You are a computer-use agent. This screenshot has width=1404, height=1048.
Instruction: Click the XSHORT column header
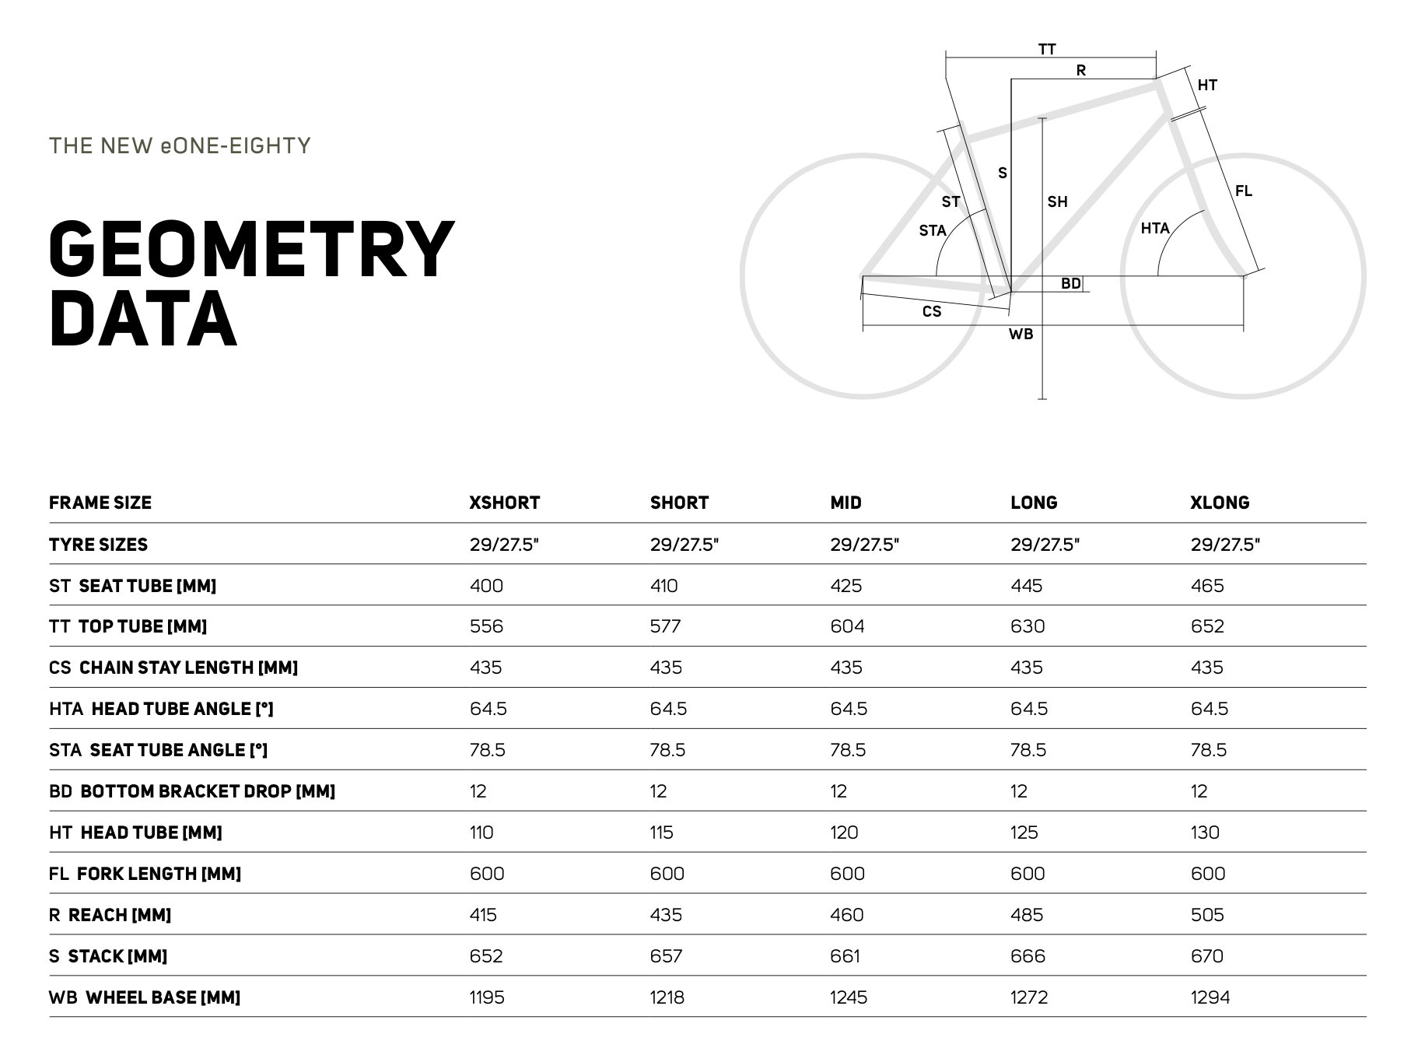point(504,503)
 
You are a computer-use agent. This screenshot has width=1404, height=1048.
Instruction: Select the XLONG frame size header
point(1219,503)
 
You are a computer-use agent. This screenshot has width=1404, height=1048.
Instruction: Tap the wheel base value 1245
point(848,997)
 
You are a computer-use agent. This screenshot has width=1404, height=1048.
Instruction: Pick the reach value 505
point(1207,915)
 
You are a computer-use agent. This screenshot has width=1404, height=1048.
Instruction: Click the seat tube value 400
point(486,586)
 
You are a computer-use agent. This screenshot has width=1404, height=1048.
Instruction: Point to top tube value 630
point(1028,627)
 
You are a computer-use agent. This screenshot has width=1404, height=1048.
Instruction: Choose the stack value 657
point(666,956)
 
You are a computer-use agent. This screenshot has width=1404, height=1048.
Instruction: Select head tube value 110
point(481,832)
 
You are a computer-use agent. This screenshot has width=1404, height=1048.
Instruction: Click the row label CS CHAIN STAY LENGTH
point(173,668)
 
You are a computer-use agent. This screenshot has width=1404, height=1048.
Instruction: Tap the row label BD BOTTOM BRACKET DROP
point(191,791)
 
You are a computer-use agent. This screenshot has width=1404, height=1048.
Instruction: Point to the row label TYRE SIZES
point(98,545)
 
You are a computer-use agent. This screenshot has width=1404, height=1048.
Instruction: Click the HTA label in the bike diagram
point(1155,228)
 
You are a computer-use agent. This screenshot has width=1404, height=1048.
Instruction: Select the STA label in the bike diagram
point(932,230)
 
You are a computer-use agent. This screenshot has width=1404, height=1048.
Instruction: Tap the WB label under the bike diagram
point(1021,334)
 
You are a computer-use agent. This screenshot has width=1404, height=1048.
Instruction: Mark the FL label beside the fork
point(1243,191)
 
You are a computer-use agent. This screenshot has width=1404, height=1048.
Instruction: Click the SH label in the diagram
point(1057,202)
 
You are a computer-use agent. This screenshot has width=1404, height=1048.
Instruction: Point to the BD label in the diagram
point(1070,283)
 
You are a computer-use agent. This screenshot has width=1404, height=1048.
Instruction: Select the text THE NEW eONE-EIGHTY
point(180,146)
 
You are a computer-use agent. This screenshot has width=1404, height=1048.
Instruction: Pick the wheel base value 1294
point(1210,997)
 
